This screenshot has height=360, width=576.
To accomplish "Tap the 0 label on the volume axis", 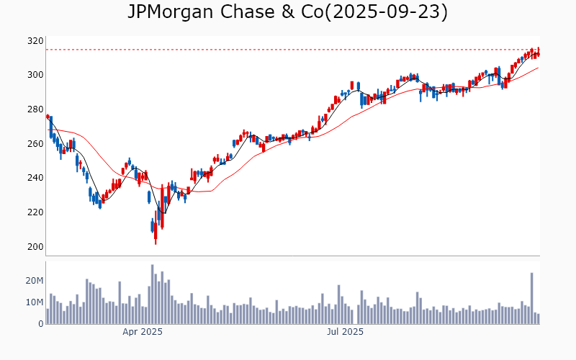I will (40, 324).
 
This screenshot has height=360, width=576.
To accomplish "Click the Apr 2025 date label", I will (142, 332).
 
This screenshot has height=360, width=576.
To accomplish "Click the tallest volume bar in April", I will (153, 294).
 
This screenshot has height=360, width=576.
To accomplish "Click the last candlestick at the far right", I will (538, 52).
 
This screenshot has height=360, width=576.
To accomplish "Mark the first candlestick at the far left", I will (48, 116).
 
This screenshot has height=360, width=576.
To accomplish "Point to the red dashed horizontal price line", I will (288, 50).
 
